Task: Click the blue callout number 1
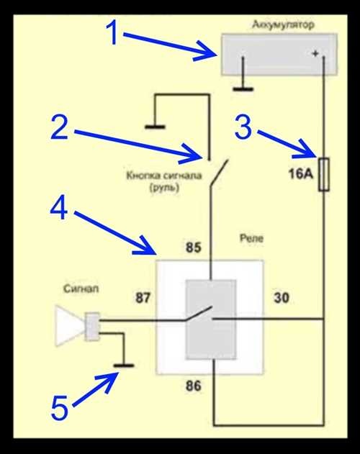112,33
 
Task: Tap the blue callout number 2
60,127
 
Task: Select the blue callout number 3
243,127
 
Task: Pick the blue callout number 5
60,408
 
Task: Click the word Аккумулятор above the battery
283,24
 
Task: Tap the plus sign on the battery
315,53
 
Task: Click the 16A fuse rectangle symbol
324,174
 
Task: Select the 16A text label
301,174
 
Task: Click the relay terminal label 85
194,248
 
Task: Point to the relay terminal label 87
143,298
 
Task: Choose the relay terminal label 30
281,298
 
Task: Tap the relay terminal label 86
194,386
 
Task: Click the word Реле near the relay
251,238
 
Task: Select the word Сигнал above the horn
81,289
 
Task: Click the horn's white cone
68,326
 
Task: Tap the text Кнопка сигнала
164,176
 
